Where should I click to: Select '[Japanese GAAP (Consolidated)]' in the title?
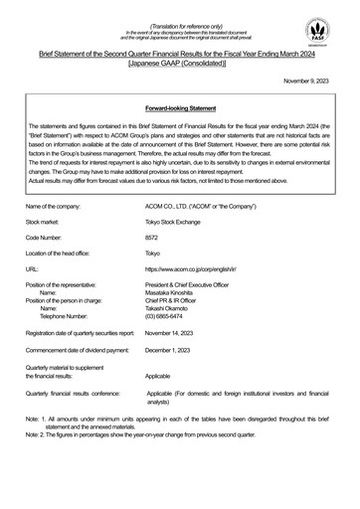pyautogui.click(x=179, y=60)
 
